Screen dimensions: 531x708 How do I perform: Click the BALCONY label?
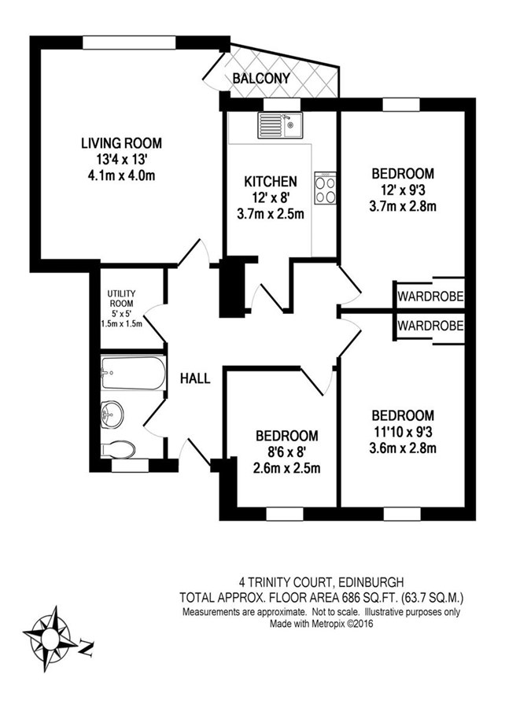(261, 78)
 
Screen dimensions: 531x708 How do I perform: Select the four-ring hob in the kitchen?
(325, 190)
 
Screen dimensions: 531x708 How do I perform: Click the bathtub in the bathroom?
(133, 373)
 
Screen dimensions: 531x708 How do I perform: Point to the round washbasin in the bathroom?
(111, 414)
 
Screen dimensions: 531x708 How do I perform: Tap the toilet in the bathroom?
(117, 449)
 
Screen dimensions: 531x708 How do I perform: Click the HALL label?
(195, 378)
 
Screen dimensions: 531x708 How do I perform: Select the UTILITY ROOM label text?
(121, 298)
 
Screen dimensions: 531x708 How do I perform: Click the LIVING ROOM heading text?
(121, 143)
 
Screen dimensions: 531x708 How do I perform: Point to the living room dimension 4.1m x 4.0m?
(121, 175)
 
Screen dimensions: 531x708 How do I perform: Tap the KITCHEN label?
(271, 182)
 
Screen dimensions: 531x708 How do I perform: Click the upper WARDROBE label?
(430, 297)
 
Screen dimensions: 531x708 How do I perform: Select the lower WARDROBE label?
(430, 326)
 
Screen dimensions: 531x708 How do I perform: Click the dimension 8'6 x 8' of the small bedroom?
(287, 452)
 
